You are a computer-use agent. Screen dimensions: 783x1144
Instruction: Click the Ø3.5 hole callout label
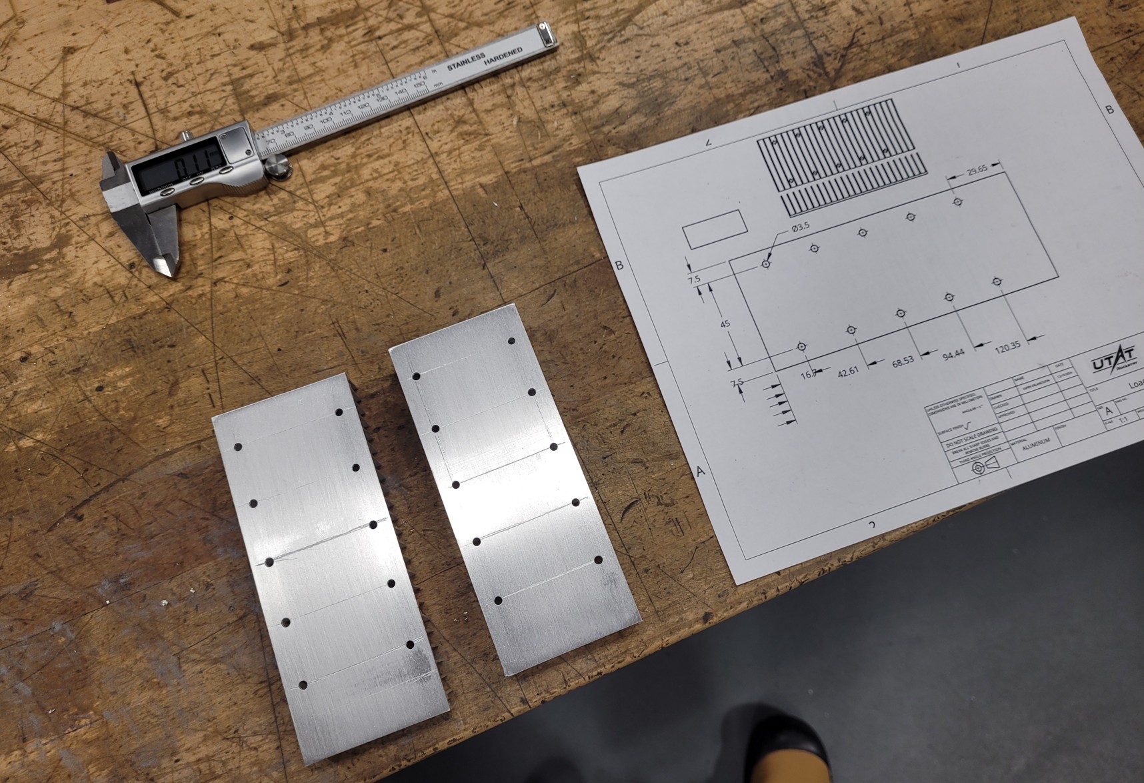(x=800, y=227)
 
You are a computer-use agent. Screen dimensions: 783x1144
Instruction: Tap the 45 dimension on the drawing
(x=726, y=324)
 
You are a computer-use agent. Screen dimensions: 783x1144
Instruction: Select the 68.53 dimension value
(x=903, y=363)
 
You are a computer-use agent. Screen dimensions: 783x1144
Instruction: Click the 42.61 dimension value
(x=849, y=371)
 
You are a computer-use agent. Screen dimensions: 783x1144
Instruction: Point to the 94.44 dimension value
(x=953, y=354)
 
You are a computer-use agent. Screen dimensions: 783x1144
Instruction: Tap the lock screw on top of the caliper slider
(x=183, y=135)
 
